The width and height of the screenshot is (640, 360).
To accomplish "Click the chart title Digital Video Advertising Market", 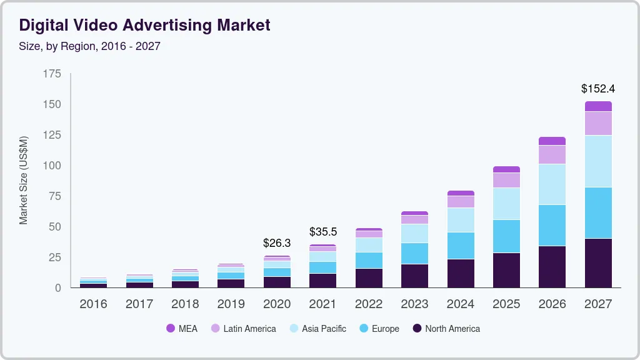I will point(144,25).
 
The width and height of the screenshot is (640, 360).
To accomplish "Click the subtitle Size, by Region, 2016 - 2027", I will point(89,46).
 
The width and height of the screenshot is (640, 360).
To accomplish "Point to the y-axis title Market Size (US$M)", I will point(24,180).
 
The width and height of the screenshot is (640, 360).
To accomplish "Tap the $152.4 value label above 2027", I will point(598,89).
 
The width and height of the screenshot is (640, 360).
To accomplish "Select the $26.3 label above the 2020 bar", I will point(277,242).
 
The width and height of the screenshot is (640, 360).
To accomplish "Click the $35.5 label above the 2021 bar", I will point(323,232).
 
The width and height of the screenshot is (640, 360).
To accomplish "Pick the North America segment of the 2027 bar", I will point(598,263).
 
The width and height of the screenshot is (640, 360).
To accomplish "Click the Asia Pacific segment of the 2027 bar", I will point(598,161).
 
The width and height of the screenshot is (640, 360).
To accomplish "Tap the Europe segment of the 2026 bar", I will point(552,225).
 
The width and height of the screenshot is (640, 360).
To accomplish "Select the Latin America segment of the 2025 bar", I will point(506,180).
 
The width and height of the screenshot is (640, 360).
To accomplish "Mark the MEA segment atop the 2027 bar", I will point(598,106).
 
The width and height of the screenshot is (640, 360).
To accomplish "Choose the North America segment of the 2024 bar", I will point(461,273).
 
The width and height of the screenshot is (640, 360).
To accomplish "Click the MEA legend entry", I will point(182,329).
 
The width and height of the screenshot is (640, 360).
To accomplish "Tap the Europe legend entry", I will point(379,329).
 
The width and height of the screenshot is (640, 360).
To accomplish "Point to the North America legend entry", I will point(446,329).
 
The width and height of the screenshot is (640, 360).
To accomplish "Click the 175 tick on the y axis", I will point(52,74).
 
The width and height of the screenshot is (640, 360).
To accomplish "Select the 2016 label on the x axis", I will point(93,304).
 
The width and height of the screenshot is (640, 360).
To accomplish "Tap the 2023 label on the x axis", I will point(415,304).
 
